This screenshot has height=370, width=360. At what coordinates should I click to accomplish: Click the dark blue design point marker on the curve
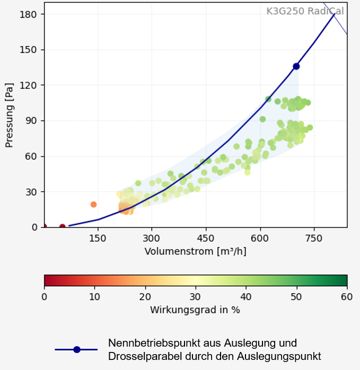pos(296,66)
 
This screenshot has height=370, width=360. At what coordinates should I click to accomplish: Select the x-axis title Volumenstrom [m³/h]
pos(195,251)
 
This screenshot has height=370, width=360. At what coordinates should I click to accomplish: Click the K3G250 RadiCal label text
pos(305,11)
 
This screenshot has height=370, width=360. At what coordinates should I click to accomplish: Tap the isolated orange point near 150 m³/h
pos(94,204)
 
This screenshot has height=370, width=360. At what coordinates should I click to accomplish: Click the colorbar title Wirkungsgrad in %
pos(195,310)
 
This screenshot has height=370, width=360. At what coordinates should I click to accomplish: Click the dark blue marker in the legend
pos(77,349)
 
